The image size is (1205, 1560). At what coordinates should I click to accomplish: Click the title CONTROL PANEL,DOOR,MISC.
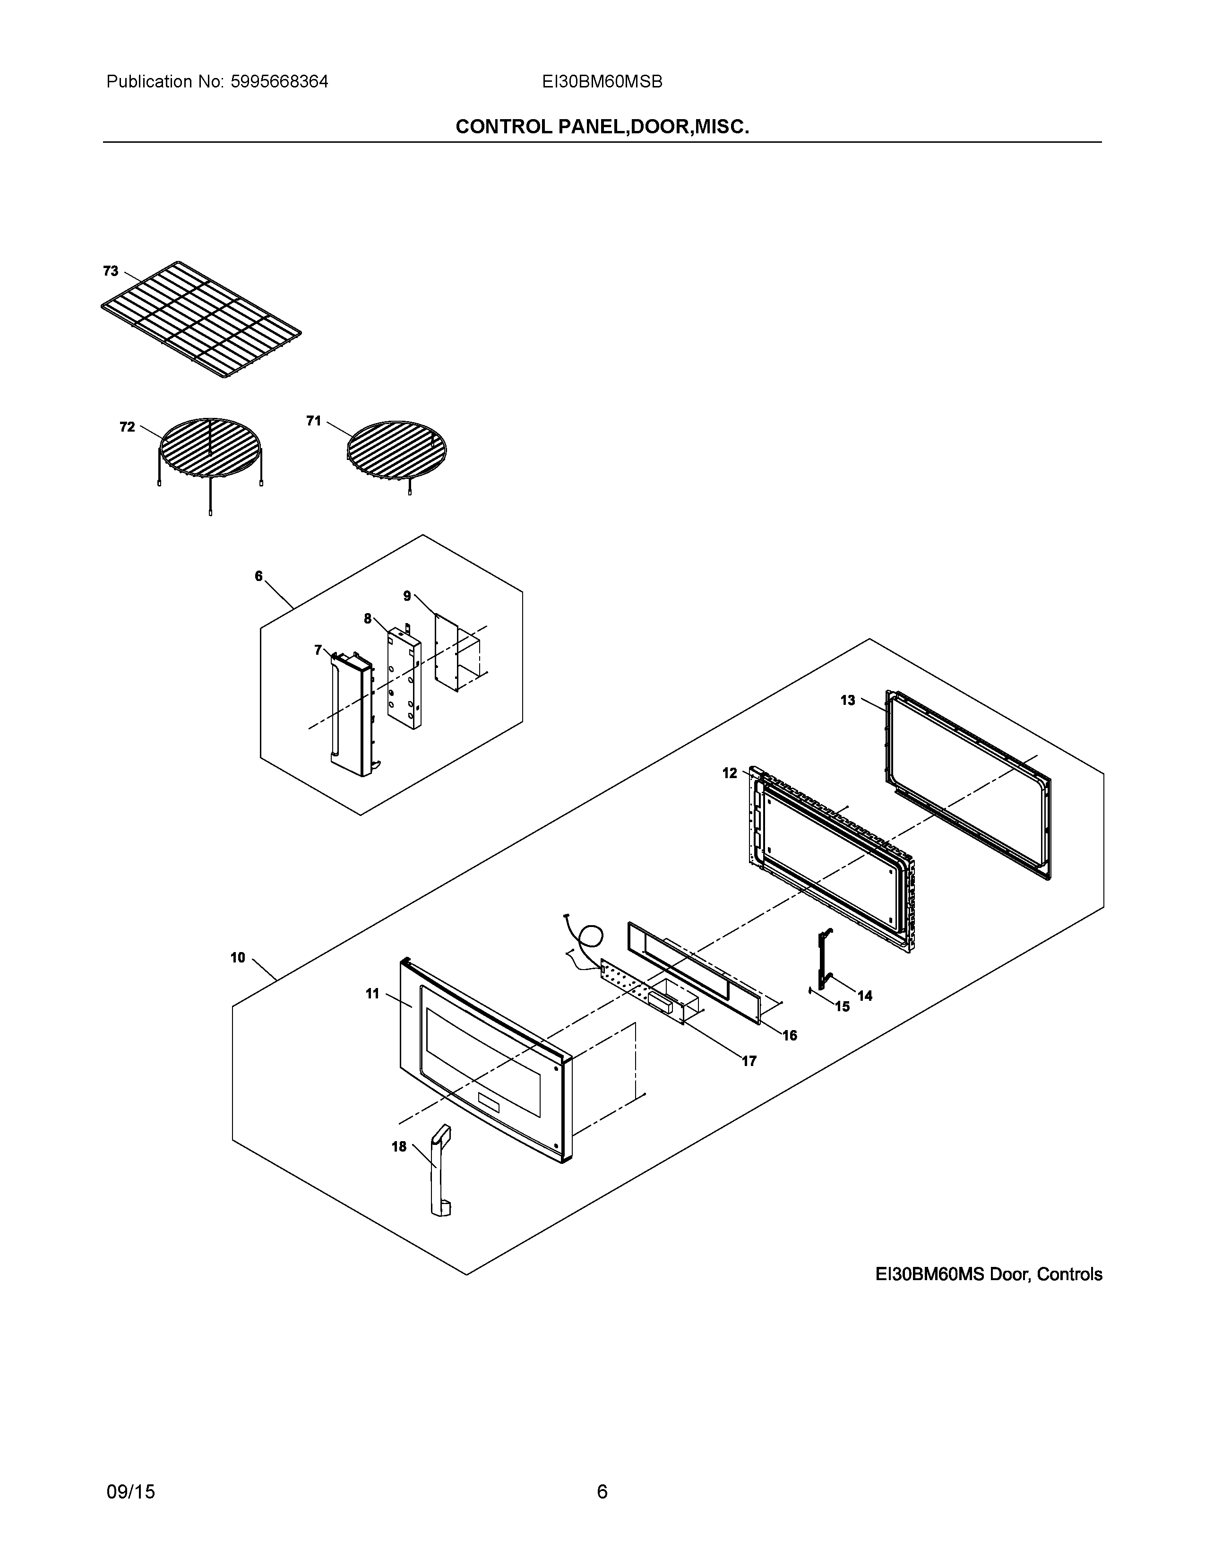(602, 127)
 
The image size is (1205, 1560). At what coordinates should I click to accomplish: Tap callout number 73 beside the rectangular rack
(111, 271)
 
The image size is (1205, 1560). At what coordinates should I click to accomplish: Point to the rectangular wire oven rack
(201, 319)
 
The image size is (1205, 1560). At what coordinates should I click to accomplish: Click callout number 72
(127, 427)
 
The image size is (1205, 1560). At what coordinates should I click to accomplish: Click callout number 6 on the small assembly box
(258, 576)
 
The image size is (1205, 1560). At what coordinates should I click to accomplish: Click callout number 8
(368, 619)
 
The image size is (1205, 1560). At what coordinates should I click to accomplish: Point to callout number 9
(407, 596)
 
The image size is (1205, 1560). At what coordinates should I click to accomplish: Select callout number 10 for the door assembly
(238, 958)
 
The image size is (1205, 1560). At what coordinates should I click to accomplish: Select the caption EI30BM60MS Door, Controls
(989, 1274)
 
